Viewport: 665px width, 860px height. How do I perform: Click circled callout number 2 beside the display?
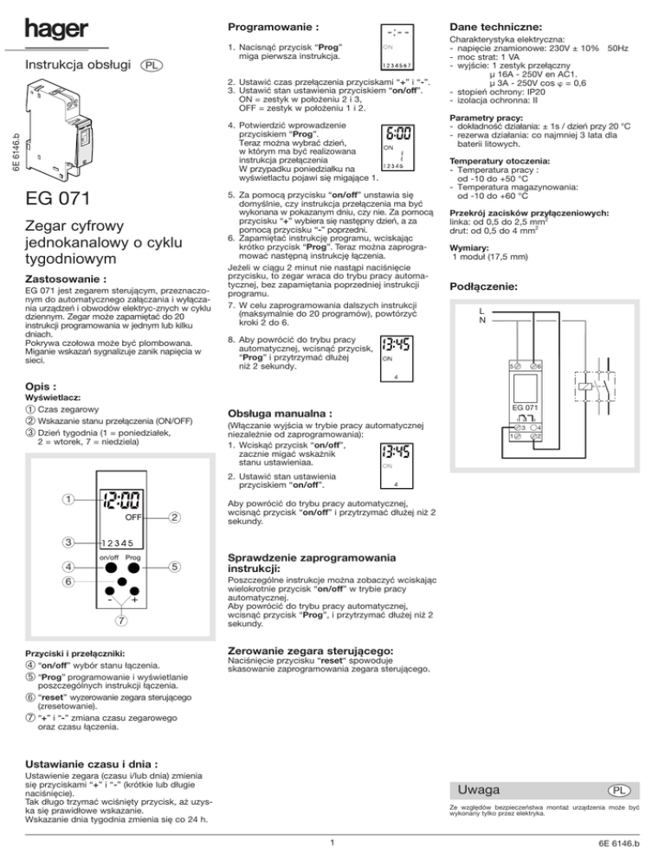(x=173, y=518)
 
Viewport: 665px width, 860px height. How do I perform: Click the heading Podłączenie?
(x=485, y=287)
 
